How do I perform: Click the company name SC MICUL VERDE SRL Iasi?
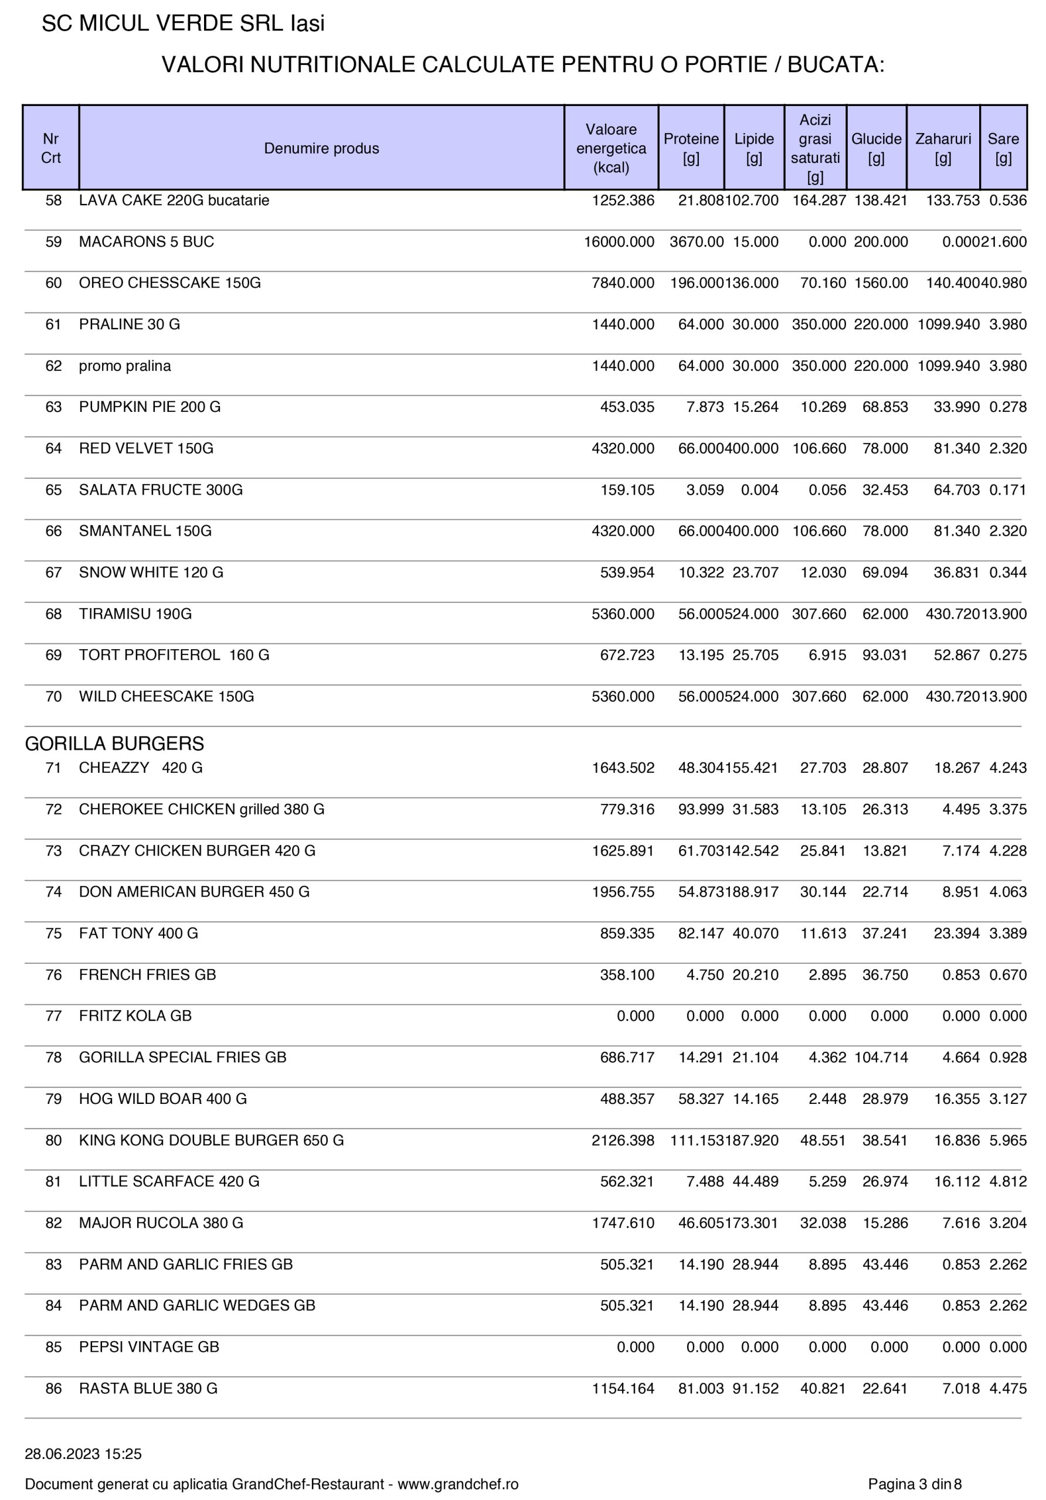pyautogui.click(x=183, y=23)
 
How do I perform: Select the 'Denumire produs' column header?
pyautogui.click(x=321, y=148)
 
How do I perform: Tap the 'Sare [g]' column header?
pyautogui.click(x=1003, y=148)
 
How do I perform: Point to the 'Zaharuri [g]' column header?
pyautogui.click(x=943, y=148)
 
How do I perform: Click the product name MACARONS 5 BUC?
pyautogui.click(x=147, y=242)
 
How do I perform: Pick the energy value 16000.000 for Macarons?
pyautogui.click(x=619, y=242)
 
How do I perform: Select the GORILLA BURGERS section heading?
pyautogui.click(x=114, y=744)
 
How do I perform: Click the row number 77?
pyautogui.click(x=53, y=1016)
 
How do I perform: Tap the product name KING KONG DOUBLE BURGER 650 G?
pyautogui.click(x=211, y=1140)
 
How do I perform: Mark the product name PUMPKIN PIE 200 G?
pyautogui.click(x=150, y=407)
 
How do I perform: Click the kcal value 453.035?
pyautogui.click(x=627, y=407)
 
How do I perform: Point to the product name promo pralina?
pyautogui.click(x=125, y=366)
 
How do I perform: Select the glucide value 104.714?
pyautogui.click(x=881, y=1057)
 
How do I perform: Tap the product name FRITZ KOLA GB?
pyautogui.click(x=135, y=1016)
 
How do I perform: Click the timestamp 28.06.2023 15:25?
pyautogui.click(x=83, y=1454)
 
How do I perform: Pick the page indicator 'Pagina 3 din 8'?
pyautogui.click(x=915, y=1484)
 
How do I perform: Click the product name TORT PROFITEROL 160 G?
pyautogui.click(x=174, y=654)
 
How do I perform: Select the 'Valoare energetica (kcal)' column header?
pyautogui.click(x=610, y=148)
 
